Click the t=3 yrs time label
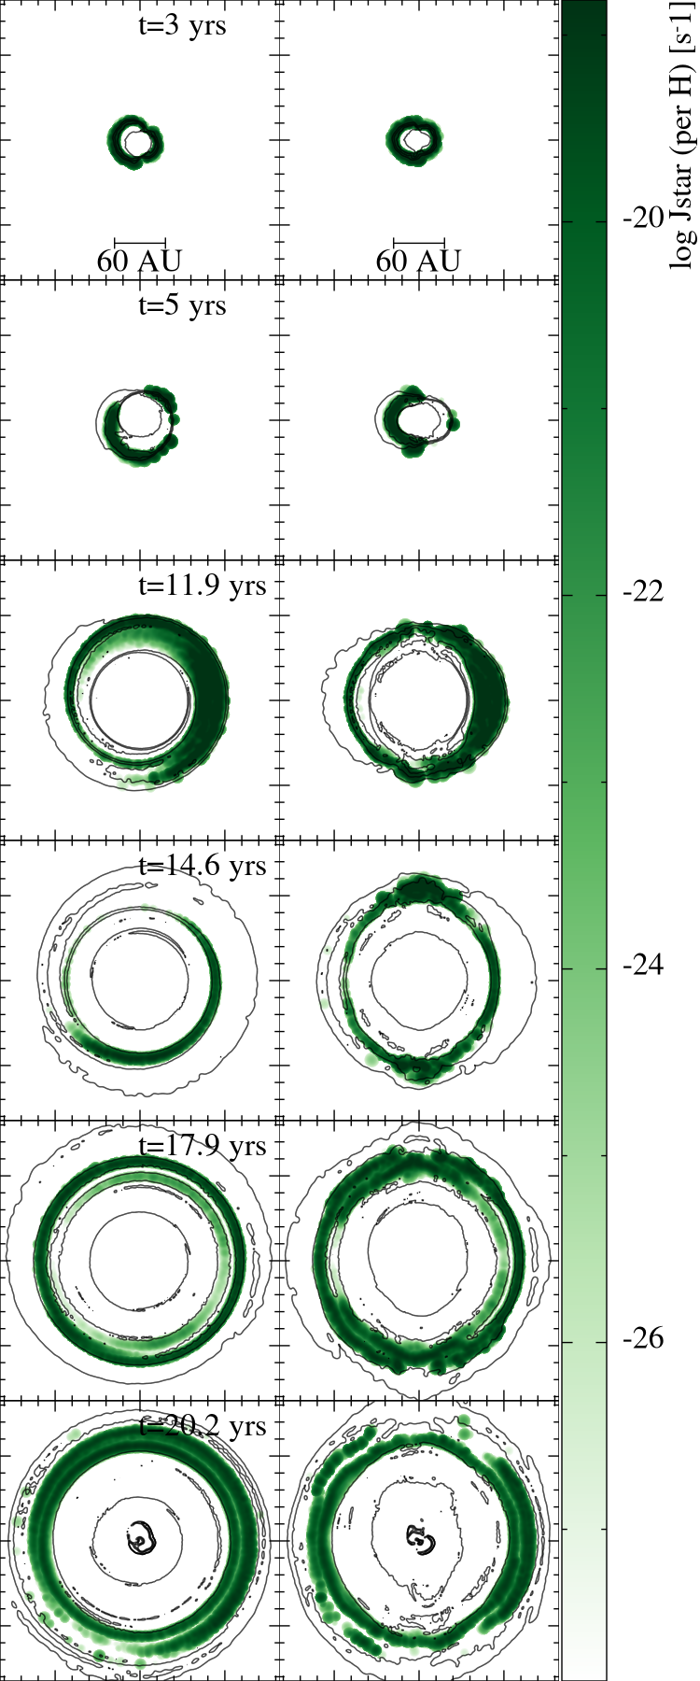coord(182,25)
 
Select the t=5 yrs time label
coord(182,305)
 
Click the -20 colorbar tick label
coord(643,219)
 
